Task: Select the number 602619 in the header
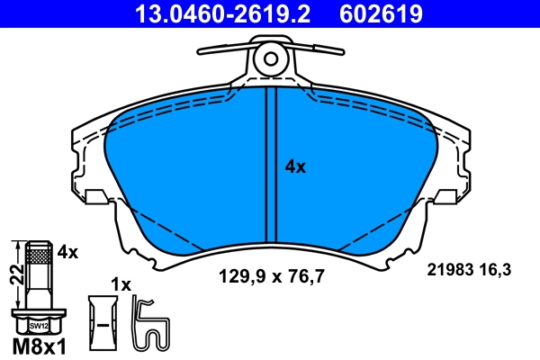coord(380,13)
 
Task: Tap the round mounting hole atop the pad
coord(269,59)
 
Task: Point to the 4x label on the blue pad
coord(295,166)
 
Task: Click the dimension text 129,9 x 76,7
coord(272,278)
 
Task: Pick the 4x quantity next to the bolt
coord(67,253)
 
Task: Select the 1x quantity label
coord(120,284)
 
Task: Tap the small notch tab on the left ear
coord(95,196)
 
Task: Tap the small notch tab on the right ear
coord(444,196)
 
